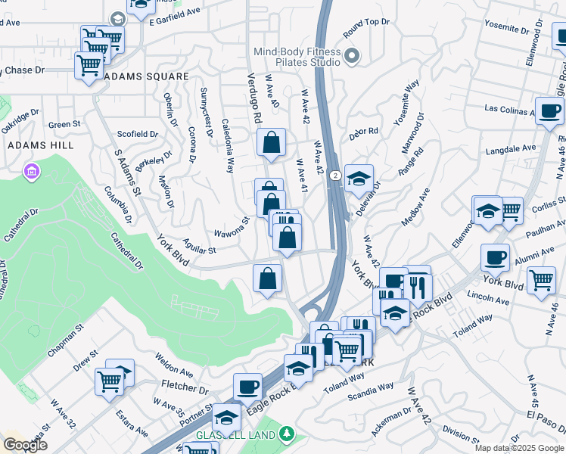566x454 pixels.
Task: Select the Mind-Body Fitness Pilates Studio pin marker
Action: pos(351,56)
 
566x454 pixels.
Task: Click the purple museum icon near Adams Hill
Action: pos(31,173)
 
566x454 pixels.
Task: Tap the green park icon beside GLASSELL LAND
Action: pos(286,434)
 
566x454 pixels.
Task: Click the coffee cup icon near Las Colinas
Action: pos(549,110)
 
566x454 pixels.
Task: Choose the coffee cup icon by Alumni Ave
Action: pos(495,257)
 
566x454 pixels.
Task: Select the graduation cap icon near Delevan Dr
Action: pos(359,178)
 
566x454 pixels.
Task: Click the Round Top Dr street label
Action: pos(366,28)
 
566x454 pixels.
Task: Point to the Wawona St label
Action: pos(231,226)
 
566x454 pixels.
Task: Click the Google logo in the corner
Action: pos(25,445)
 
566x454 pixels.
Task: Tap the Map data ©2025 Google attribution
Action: pos(519,448)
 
